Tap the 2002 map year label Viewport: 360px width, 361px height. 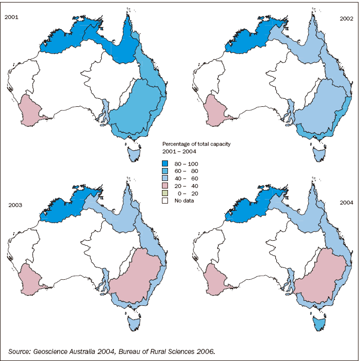tap(346, 19)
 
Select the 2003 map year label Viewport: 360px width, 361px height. tap(16, 205)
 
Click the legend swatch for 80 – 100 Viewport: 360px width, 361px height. tap(165, 163)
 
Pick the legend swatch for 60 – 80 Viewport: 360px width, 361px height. tap(165, 170)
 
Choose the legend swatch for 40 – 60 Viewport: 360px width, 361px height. tap(165, 178)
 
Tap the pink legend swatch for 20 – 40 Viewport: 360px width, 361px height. tap(165, 186)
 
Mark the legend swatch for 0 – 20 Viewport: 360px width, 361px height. tap(165, 193)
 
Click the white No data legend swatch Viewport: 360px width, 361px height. tap(165, 201)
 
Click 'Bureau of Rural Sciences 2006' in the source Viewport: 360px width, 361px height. tap(173, 351)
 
